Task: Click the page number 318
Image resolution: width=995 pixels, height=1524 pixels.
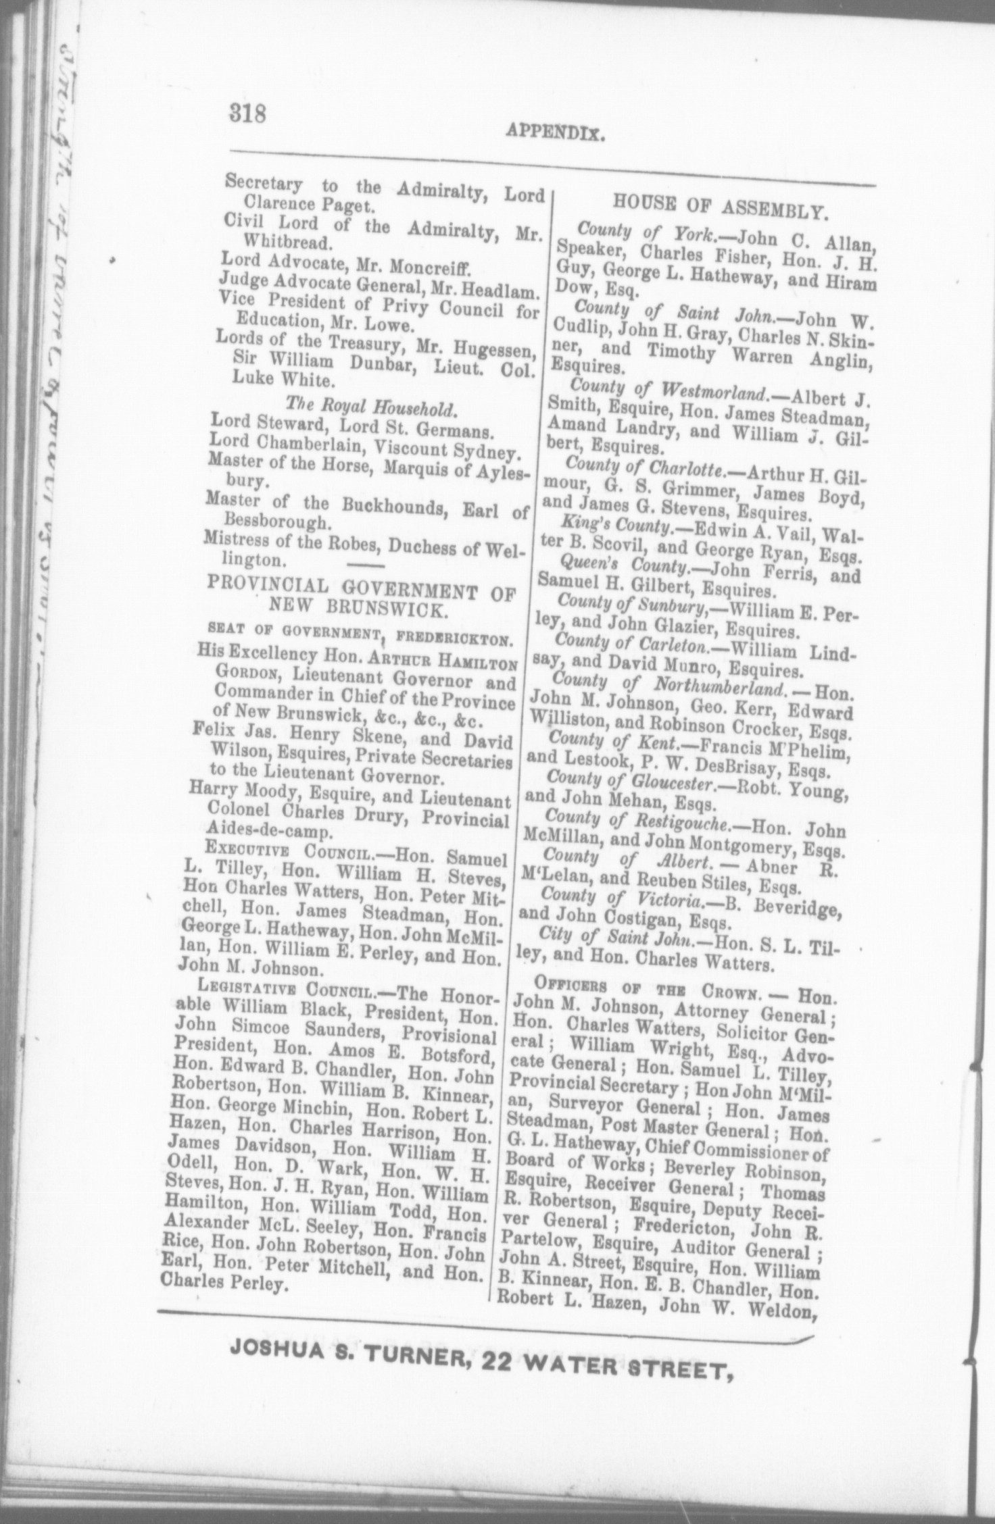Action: (x=249, y=111)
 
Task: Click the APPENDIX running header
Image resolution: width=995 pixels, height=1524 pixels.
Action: (x=554, y=133)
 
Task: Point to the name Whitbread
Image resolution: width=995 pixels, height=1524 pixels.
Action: (x=287, y=242)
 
